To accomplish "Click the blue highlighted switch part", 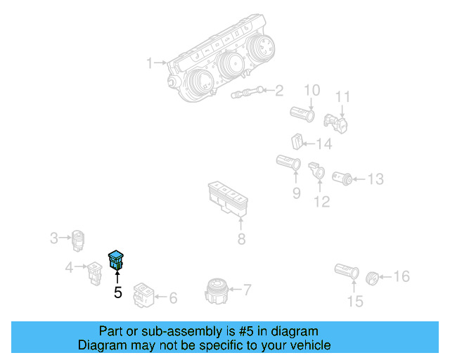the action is pos(115,260).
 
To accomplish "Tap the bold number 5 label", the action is pos(118,292).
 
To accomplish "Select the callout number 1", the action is pos(150,63).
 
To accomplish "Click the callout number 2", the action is pos(279,91).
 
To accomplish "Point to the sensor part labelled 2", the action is pos(247,92).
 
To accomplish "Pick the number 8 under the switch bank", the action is pos(242,239).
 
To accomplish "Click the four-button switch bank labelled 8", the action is pos(228,199).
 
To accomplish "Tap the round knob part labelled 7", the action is pos(216,290).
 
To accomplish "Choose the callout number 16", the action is pos(401,276).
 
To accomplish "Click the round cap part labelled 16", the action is pos(372,278).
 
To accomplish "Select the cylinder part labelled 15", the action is pos(347,271).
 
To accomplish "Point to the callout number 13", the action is pos(375,179).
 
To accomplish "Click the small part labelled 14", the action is pos(297,141).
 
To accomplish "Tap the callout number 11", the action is pos(342,97).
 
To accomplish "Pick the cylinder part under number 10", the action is pos(302,114).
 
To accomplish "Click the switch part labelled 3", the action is pos(78,240).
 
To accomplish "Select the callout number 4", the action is pos(69,268).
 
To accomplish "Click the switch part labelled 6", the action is pos(143,295).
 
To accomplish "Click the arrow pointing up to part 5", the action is pos(117,277).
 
